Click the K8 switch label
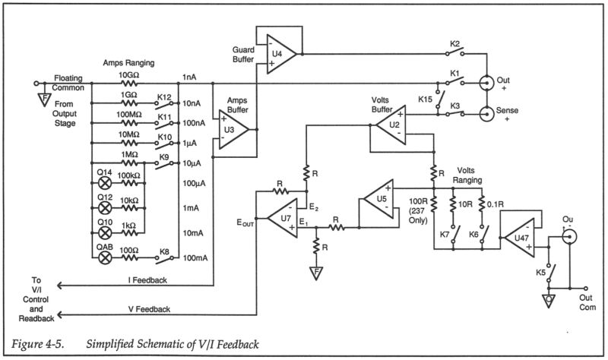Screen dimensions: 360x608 pos(163,251)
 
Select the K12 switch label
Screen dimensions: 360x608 pos(163,97)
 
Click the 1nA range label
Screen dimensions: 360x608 pos(190,78)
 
